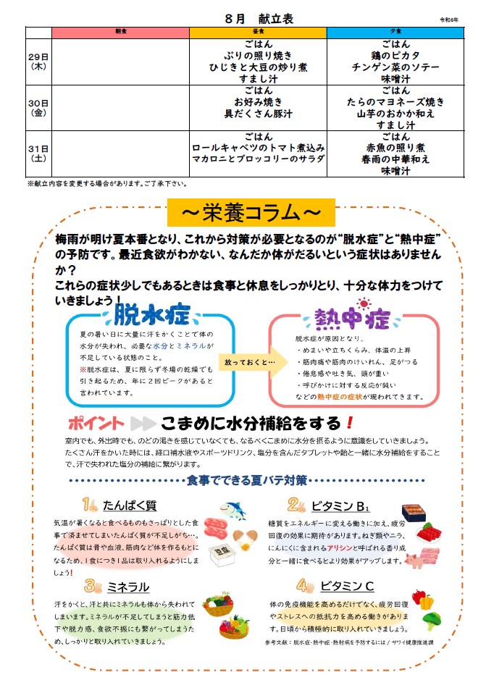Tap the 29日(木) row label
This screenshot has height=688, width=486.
38,60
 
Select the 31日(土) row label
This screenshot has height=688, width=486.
38,154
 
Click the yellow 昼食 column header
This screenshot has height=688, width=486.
258,33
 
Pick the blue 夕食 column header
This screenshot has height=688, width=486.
395,33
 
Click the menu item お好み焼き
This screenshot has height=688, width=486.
258,101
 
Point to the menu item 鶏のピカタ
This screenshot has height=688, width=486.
395,55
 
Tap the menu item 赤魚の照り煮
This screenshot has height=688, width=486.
395,148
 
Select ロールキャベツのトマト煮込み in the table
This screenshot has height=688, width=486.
258,148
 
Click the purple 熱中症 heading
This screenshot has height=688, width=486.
352,319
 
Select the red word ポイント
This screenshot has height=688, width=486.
96,423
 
